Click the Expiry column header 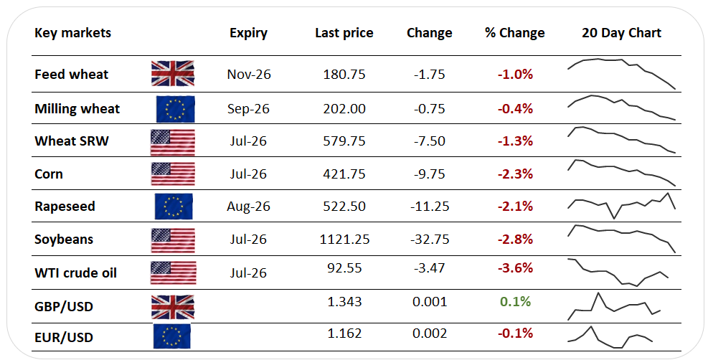coord(248,33)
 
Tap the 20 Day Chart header coord(621,33)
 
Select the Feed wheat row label coord(71,74)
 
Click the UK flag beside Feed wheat coord(173,74)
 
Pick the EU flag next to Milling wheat coord(176,109)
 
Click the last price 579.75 coord(344,141)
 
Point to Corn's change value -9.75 coord(430,174)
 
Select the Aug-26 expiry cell coord(248,206)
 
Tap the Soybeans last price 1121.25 coord(344,239)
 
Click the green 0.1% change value coord(515,301)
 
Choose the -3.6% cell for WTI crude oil coord(515,268)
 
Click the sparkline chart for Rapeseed coord(621,205)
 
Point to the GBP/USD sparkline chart coord(614,306)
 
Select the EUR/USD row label coord(64,338)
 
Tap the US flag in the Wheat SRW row coord(173,142)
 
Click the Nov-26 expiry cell coord(249,74)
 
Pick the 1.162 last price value coord(344,333)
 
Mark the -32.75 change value coord(430,239)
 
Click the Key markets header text coord(72,33)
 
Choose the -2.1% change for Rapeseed coord(515,206)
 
